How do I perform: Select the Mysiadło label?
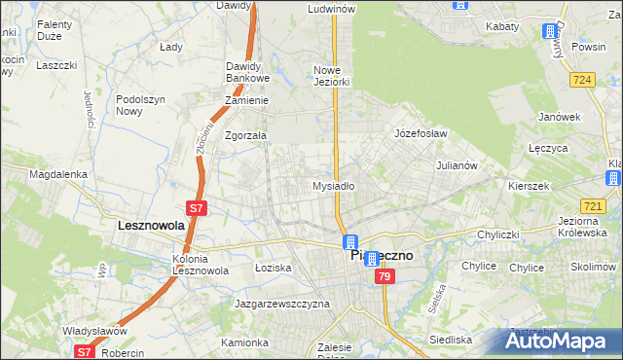pyautogui.click(x=332, y=185)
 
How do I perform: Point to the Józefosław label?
pyautogui.click(x=420, y=132)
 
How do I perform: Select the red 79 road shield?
pyautogui.click(x=385, y=277)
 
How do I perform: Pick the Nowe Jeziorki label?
pyautogui.click(x=331, y=76)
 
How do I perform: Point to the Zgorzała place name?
pyautogui.click(x=245, y=136)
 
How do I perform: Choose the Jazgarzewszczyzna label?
pyautogui.click(x=282, y=304)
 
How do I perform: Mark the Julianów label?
pyautogui.click(x=456, y=165)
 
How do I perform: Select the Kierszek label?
pyautogui.click(x=530, y=185)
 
